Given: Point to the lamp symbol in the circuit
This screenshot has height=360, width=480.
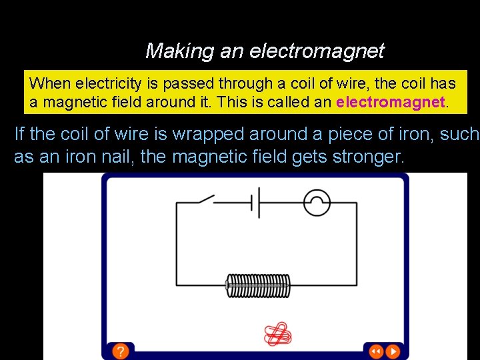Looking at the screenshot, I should click(317, 201).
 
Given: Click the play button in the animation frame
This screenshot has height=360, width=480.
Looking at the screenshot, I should click(394, 351).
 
